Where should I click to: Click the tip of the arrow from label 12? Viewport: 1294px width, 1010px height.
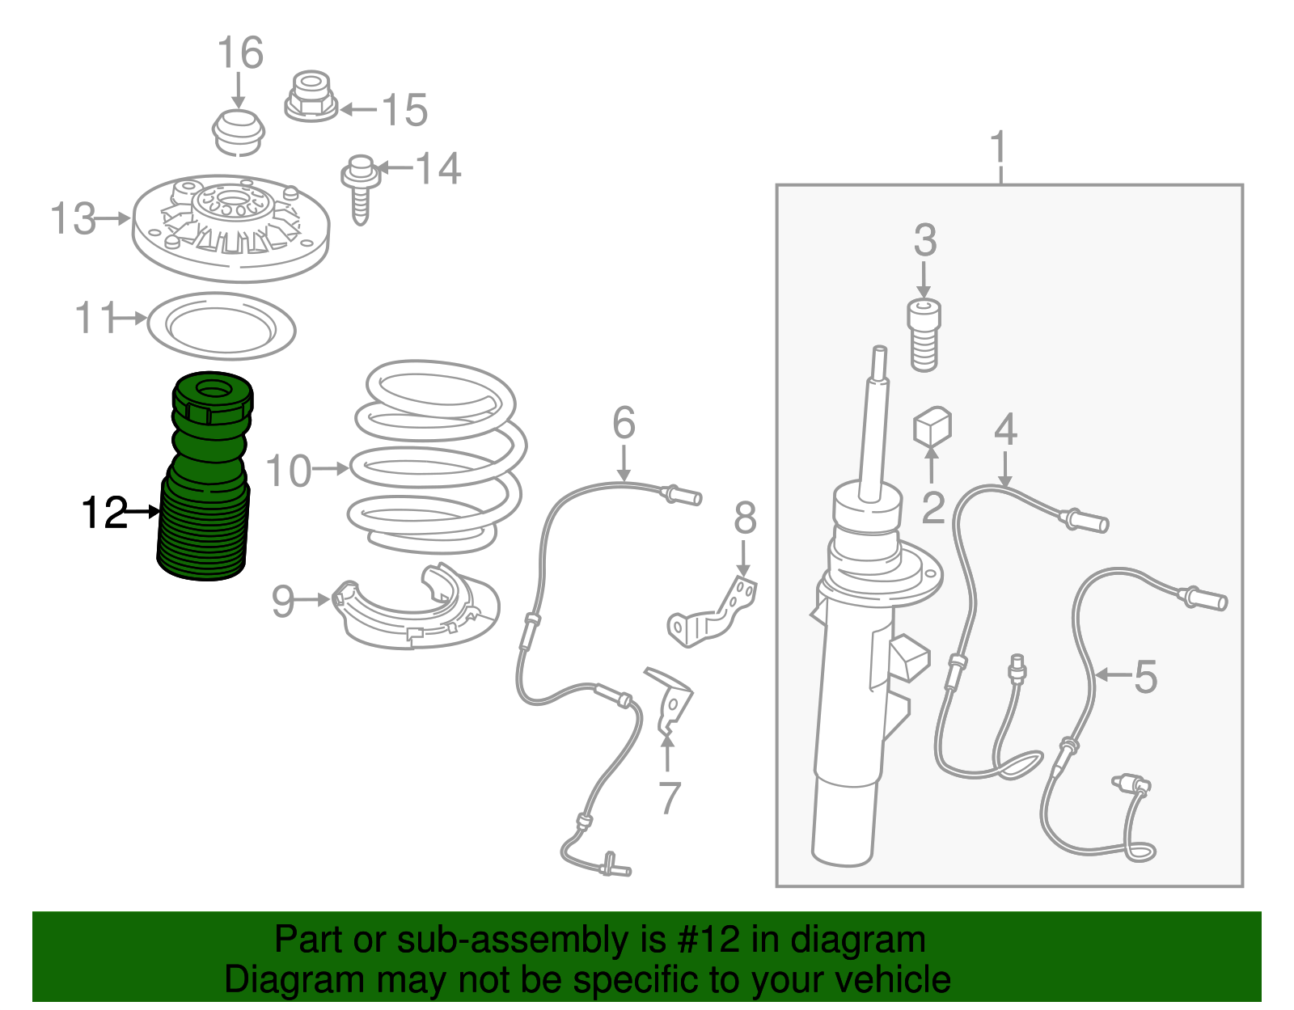tap(161, 510)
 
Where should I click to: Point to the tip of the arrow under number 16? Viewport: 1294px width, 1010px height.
tap(239, 109)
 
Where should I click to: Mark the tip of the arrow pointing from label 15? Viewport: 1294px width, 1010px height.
tap(340, 109)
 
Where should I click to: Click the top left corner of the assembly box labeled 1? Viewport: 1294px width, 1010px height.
tap(776, 185)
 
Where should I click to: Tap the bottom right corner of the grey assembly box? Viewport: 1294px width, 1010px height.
tap(1243, 886)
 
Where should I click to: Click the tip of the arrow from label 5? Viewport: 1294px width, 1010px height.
tap(1094, 675)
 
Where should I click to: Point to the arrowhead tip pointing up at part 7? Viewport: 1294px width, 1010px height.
tap(667, 736)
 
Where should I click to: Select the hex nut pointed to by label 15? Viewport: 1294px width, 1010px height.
tap(311, 96)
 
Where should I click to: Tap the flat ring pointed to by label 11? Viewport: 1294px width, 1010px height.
tap(222, 326)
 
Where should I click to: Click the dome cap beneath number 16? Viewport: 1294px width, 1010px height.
tap(239, 133)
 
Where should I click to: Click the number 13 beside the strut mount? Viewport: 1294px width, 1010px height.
tap(73, 218)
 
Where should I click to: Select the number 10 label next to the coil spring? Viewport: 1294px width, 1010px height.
tap(288, 471)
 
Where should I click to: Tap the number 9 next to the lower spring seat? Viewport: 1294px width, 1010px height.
tap(283, 601)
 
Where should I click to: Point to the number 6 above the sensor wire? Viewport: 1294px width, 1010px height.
tap(624, 423)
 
